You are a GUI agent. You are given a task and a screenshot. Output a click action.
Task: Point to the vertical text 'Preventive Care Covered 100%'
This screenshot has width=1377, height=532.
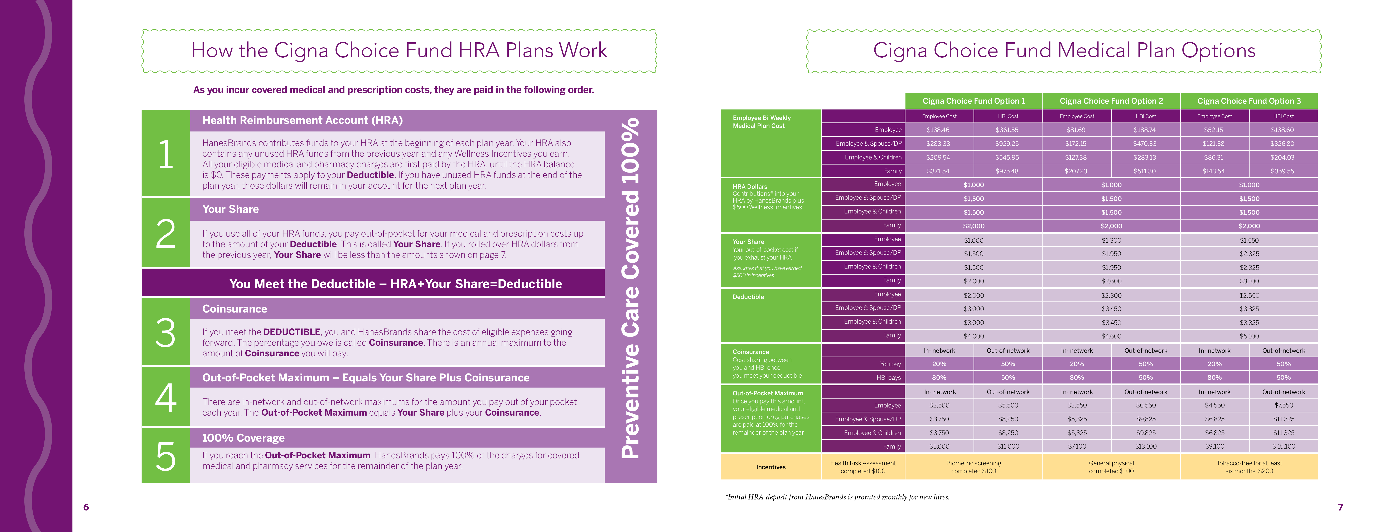pyautogui.click(x=631, y=289)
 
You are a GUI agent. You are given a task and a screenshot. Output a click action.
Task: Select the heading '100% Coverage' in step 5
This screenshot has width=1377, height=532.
pyautogui.click(x=243, y=438)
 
